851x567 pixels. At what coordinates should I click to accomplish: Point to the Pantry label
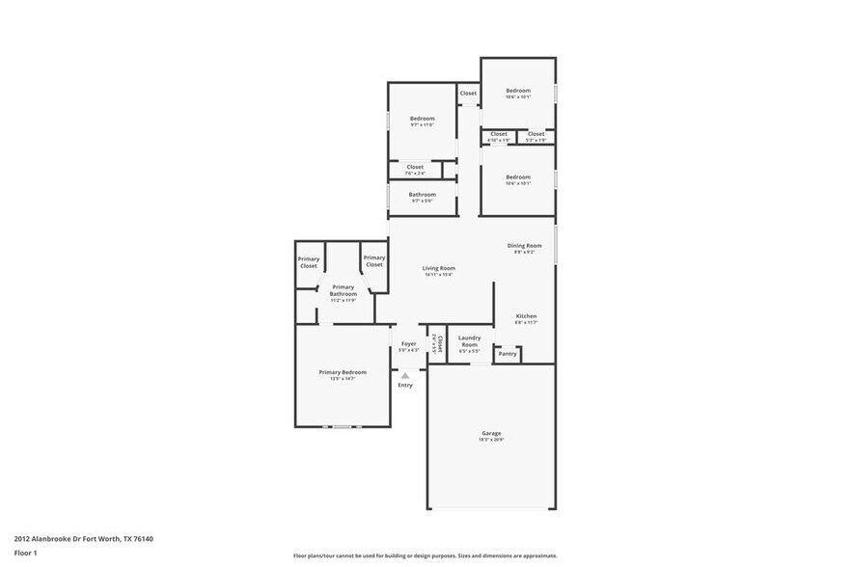pyautogui.click(x=508, y=354)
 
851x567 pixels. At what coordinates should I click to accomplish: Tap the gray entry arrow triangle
pyautogui.click(x=405, y=375)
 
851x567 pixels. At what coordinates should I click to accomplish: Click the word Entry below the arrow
pyautogui.click(x=405, y=385)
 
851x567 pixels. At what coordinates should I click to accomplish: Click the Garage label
pyautogui.click(x=491, y=435)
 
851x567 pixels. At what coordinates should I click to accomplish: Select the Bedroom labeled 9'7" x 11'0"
pyautogui.click(x=422, y=121)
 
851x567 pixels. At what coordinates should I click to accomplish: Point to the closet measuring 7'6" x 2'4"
pyautogui.click(x=415, y=169)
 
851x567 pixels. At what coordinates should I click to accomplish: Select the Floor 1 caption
pyautogui.click(x=25, y=553)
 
